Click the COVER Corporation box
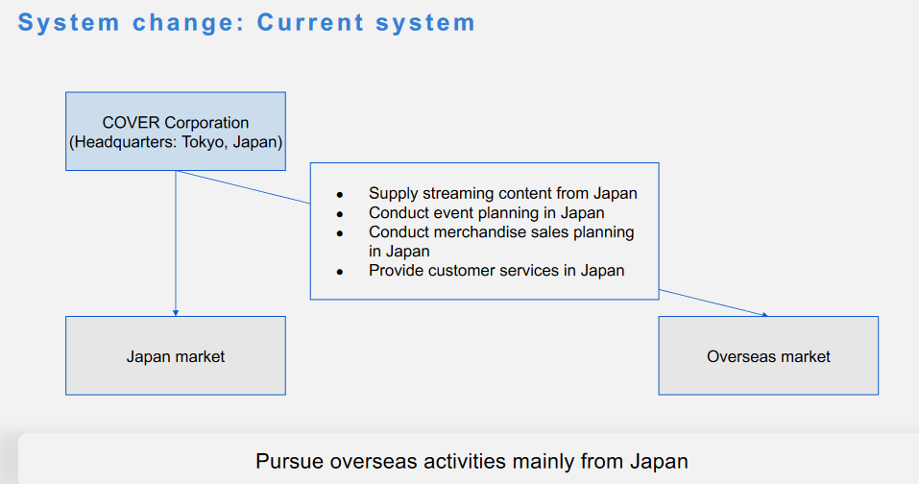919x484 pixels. (x=176, y=132)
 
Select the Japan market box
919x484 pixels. (x=176, y=355)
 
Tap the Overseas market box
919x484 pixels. (x=768, y=355)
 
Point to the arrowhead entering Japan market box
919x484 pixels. (x=176, y=313)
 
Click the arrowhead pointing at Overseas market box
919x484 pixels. (x=763, y=315)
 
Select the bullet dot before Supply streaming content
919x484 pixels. (x=339, y=195)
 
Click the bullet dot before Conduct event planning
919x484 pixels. (x=339, y=214)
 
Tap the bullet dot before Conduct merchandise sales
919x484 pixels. (x=339, y=233)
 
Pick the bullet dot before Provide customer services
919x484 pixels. (x=339, y=272)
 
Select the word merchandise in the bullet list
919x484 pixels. (x=484, y=232)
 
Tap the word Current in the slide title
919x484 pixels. (x=310, y=23)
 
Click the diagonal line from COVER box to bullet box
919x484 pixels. (x=243, y=187)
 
